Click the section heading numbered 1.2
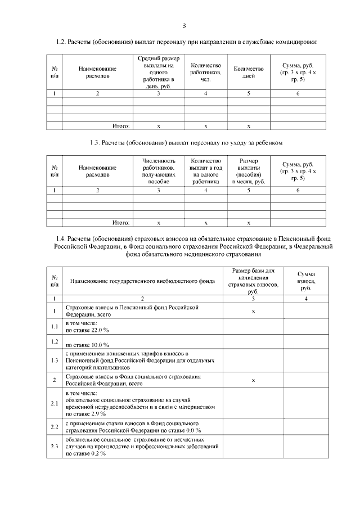point(186,42)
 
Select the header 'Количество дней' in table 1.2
point(249,71)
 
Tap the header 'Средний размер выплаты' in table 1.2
point(159,71)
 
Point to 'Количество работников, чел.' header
point(205,71)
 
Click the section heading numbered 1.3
point(186,142)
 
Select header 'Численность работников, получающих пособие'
point(159,171)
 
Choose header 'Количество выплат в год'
point(205,171)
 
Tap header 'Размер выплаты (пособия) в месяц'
point(249,171)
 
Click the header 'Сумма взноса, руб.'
point(306,280)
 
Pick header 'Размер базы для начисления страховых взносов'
point(253,281)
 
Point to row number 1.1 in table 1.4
point(55,327)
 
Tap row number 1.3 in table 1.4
point(55,361)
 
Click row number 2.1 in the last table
point(55,403)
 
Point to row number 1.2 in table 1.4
point(55,341)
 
